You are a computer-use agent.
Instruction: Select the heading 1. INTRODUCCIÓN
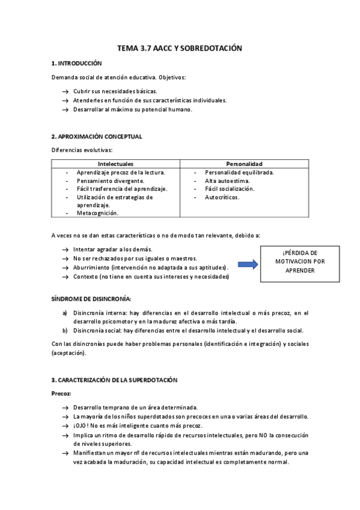coord(76,63)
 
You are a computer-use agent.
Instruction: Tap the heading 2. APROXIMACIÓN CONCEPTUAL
coord(97,137)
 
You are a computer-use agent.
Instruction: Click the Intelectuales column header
coord(115,164)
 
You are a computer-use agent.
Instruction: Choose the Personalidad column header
coord(244,164)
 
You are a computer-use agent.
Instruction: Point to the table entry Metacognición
coord(97,213)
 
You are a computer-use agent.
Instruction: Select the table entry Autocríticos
coord(222,197)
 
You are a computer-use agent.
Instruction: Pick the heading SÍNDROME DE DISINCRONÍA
coord(91,298)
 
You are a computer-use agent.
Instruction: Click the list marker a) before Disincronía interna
coord(65,313)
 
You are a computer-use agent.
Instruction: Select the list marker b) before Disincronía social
coord(65,330)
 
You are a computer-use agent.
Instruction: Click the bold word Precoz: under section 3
coord(61,393)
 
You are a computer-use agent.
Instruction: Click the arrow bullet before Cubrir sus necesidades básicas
coord(64,91)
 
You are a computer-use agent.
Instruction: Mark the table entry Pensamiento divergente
coord(110,180)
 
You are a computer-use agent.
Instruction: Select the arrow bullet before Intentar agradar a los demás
coord(64,250)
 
